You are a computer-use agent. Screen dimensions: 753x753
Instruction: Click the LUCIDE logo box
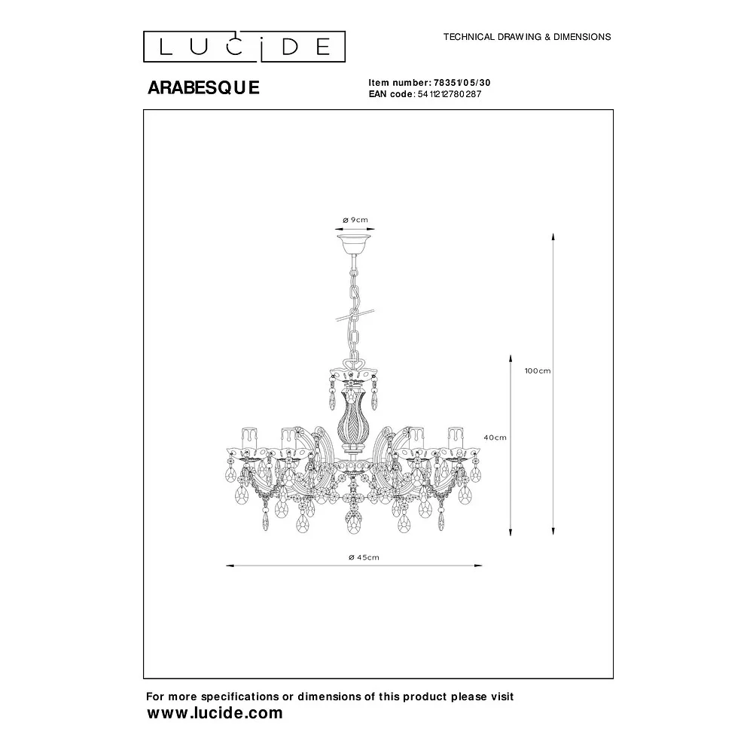(244, 47)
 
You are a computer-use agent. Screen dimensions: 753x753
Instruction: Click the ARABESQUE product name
(203, 87)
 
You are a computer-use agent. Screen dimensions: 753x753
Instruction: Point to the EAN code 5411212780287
(450, 94)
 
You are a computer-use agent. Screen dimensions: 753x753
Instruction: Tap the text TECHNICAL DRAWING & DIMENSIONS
(527, 37)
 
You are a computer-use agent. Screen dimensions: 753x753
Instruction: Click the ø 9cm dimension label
(355, 220)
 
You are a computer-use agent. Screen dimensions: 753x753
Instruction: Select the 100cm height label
(538, 370)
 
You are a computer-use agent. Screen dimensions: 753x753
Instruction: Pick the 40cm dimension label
(495, 437)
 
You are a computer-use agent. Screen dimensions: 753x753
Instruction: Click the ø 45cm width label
(364, 557)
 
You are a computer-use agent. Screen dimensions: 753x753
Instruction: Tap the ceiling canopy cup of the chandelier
(355, 244)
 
